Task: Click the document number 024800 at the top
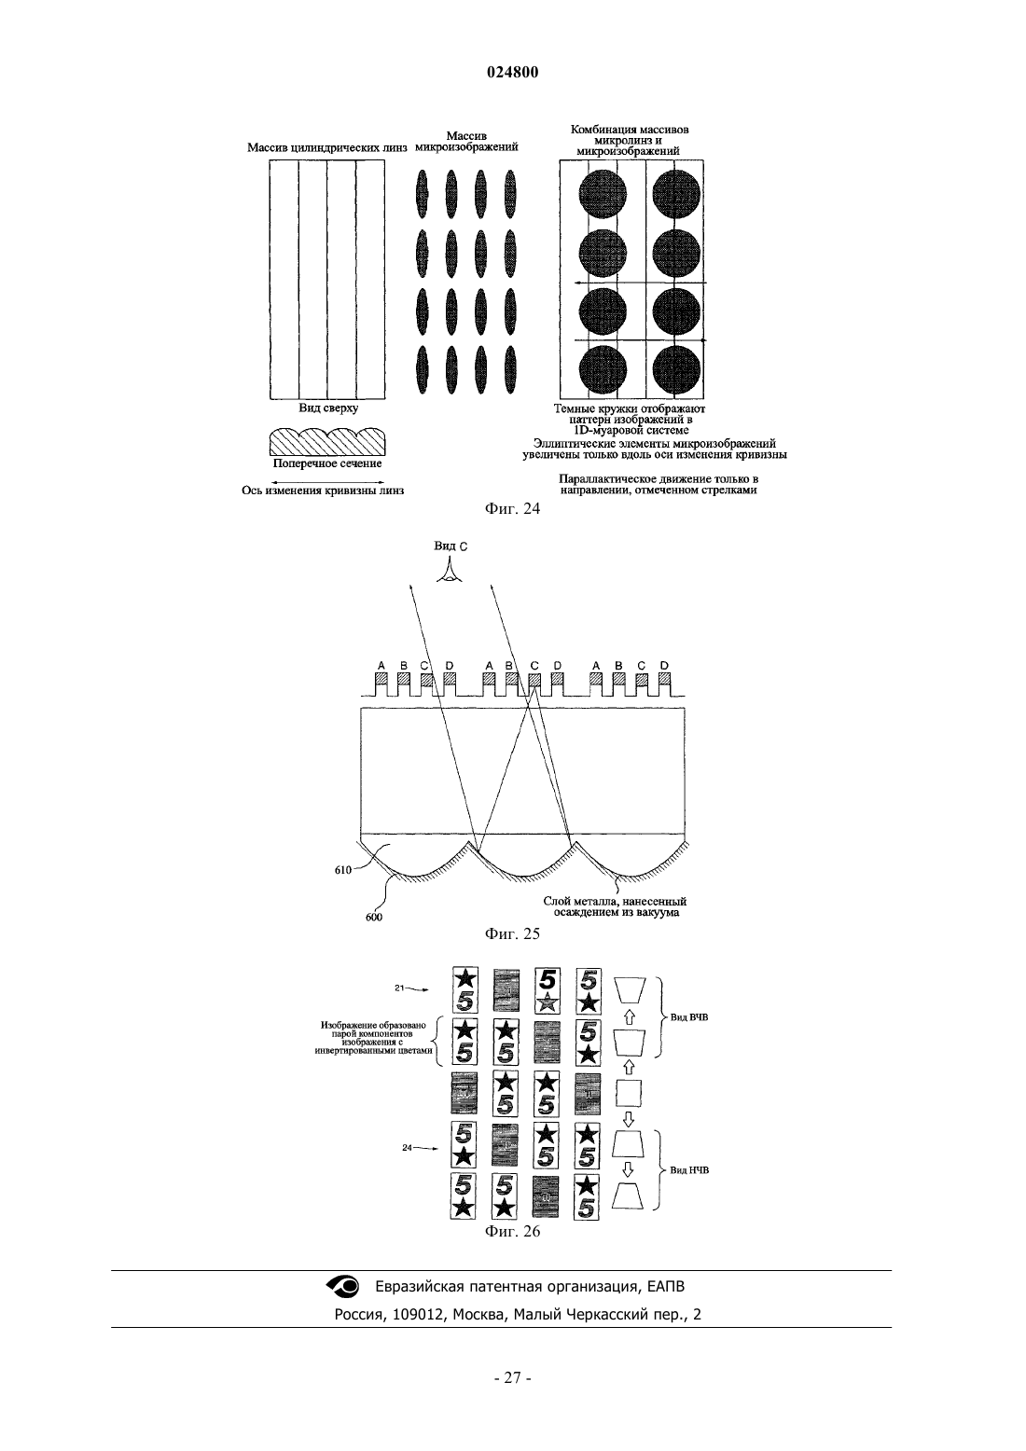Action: [512, 73]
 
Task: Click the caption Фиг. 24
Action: [512, 508]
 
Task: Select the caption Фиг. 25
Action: [512, 933]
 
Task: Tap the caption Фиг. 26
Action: [512, 1232]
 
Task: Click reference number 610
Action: [342, 870]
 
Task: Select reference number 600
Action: [374, 918]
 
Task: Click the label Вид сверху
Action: [328, 408]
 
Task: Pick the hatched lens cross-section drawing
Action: [327, 442]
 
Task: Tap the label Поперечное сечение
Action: [327, 463]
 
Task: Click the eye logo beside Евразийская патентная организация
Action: [342, 1286]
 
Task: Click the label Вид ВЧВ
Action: [689, 1017]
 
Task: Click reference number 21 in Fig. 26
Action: [399, 988]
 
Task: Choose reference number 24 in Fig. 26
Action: [407, 1148]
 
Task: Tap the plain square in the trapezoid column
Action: [629, 1094]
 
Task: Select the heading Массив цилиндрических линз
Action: [327, 148]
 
